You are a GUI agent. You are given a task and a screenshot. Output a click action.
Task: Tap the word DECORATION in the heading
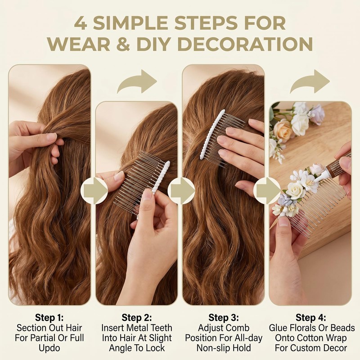[x=245, y=44]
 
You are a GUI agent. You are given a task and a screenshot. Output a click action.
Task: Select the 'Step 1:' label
[x=49, y=318]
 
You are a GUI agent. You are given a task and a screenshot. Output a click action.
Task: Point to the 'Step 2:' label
[x=137, y=318]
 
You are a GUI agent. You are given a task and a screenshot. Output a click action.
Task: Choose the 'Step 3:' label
[x=224, y=318]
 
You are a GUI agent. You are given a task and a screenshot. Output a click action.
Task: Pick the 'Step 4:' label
[x=311, y=318]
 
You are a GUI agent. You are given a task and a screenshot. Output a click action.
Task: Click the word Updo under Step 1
[x=49, y=348]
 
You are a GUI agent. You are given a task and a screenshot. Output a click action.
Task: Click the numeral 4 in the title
[x=81, y=23]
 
